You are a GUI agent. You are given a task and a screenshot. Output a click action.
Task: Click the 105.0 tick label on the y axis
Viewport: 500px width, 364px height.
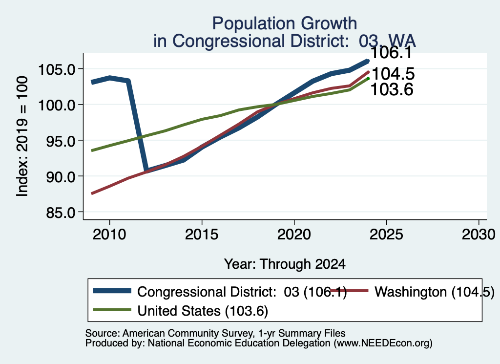click(57, 69)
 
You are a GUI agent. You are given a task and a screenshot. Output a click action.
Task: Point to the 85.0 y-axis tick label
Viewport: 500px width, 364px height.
click(61, 213)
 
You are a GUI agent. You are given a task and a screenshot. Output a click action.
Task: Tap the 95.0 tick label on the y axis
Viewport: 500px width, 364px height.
click(61, 141)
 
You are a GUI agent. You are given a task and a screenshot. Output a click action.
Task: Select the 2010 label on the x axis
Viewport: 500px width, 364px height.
click(109, 235)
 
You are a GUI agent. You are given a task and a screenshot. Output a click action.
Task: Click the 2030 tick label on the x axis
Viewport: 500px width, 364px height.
click(479, 235)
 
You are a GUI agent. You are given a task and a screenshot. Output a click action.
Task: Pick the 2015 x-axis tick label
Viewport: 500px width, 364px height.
click(202, 235)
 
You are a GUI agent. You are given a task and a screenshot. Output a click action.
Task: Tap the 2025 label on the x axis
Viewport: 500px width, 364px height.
click(386, 235)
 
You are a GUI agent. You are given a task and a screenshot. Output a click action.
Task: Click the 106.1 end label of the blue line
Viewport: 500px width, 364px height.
click(391, 53)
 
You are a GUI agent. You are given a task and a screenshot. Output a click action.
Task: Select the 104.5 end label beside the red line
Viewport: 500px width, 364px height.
click(393, 74)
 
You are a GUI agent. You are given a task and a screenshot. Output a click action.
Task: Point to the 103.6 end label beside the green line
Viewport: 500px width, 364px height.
click(392, 89)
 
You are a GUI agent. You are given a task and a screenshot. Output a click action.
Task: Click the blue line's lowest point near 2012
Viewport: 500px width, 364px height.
click(146, 170)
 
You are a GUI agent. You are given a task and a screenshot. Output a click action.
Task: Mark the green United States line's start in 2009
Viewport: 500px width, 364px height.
click(92, 150)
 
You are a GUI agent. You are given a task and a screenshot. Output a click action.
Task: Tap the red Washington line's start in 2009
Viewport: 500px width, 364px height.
click(92, 193)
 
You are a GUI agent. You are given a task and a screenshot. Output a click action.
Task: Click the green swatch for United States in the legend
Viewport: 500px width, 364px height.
click(112, 310)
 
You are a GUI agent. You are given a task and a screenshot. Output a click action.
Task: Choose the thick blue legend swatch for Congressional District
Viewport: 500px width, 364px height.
click(112, 291)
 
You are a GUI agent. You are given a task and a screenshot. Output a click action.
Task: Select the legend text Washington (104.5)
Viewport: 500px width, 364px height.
click(434, 292)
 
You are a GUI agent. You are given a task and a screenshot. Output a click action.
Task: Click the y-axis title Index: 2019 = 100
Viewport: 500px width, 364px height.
click(22, 136)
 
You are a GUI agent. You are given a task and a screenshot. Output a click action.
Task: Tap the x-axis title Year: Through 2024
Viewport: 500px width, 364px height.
click(285, 264)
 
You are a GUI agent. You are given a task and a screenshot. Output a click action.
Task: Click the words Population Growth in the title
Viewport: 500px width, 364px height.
click(285, 23)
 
